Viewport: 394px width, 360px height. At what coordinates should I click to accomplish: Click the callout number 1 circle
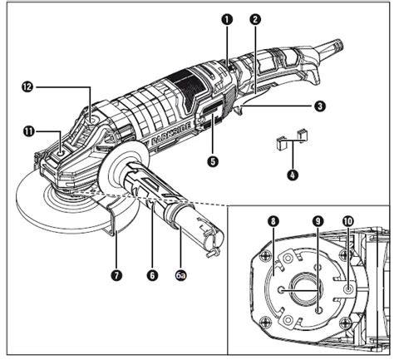(227, 20)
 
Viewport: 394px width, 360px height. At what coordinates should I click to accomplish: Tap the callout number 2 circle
(255, 20)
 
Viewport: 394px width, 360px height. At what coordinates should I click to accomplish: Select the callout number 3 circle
(320, 106)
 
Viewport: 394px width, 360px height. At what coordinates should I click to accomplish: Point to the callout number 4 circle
(293, 175)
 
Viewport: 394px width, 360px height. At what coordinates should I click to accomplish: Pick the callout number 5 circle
(213, 161)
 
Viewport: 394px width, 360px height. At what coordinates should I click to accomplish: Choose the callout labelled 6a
(180, 275)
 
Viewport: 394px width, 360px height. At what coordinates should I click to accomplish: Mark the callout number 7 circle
(116, 275)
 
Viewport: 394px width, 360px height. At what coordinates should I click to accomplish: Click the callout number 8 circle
(273, 221)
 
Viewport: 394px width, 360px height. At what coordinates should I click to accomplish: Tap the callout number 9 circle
(318, 221)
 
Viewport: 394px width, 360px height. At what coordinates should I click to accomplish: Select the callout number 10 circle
(348, 221)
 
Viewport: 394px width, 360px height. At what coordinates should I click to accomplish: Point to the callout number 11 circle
(29, 131)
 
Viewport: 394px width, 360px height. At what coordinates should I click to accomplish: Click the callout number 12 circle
(27, 87)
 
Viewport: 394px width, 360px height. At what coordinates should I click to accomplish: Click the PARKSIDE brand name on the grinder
(171, 134)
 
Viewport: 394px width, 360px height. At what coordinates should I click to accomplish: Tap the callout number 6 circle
(152, 275)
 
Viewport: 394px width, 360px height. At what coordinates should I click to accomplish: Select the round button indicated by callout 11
(61, 152)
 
